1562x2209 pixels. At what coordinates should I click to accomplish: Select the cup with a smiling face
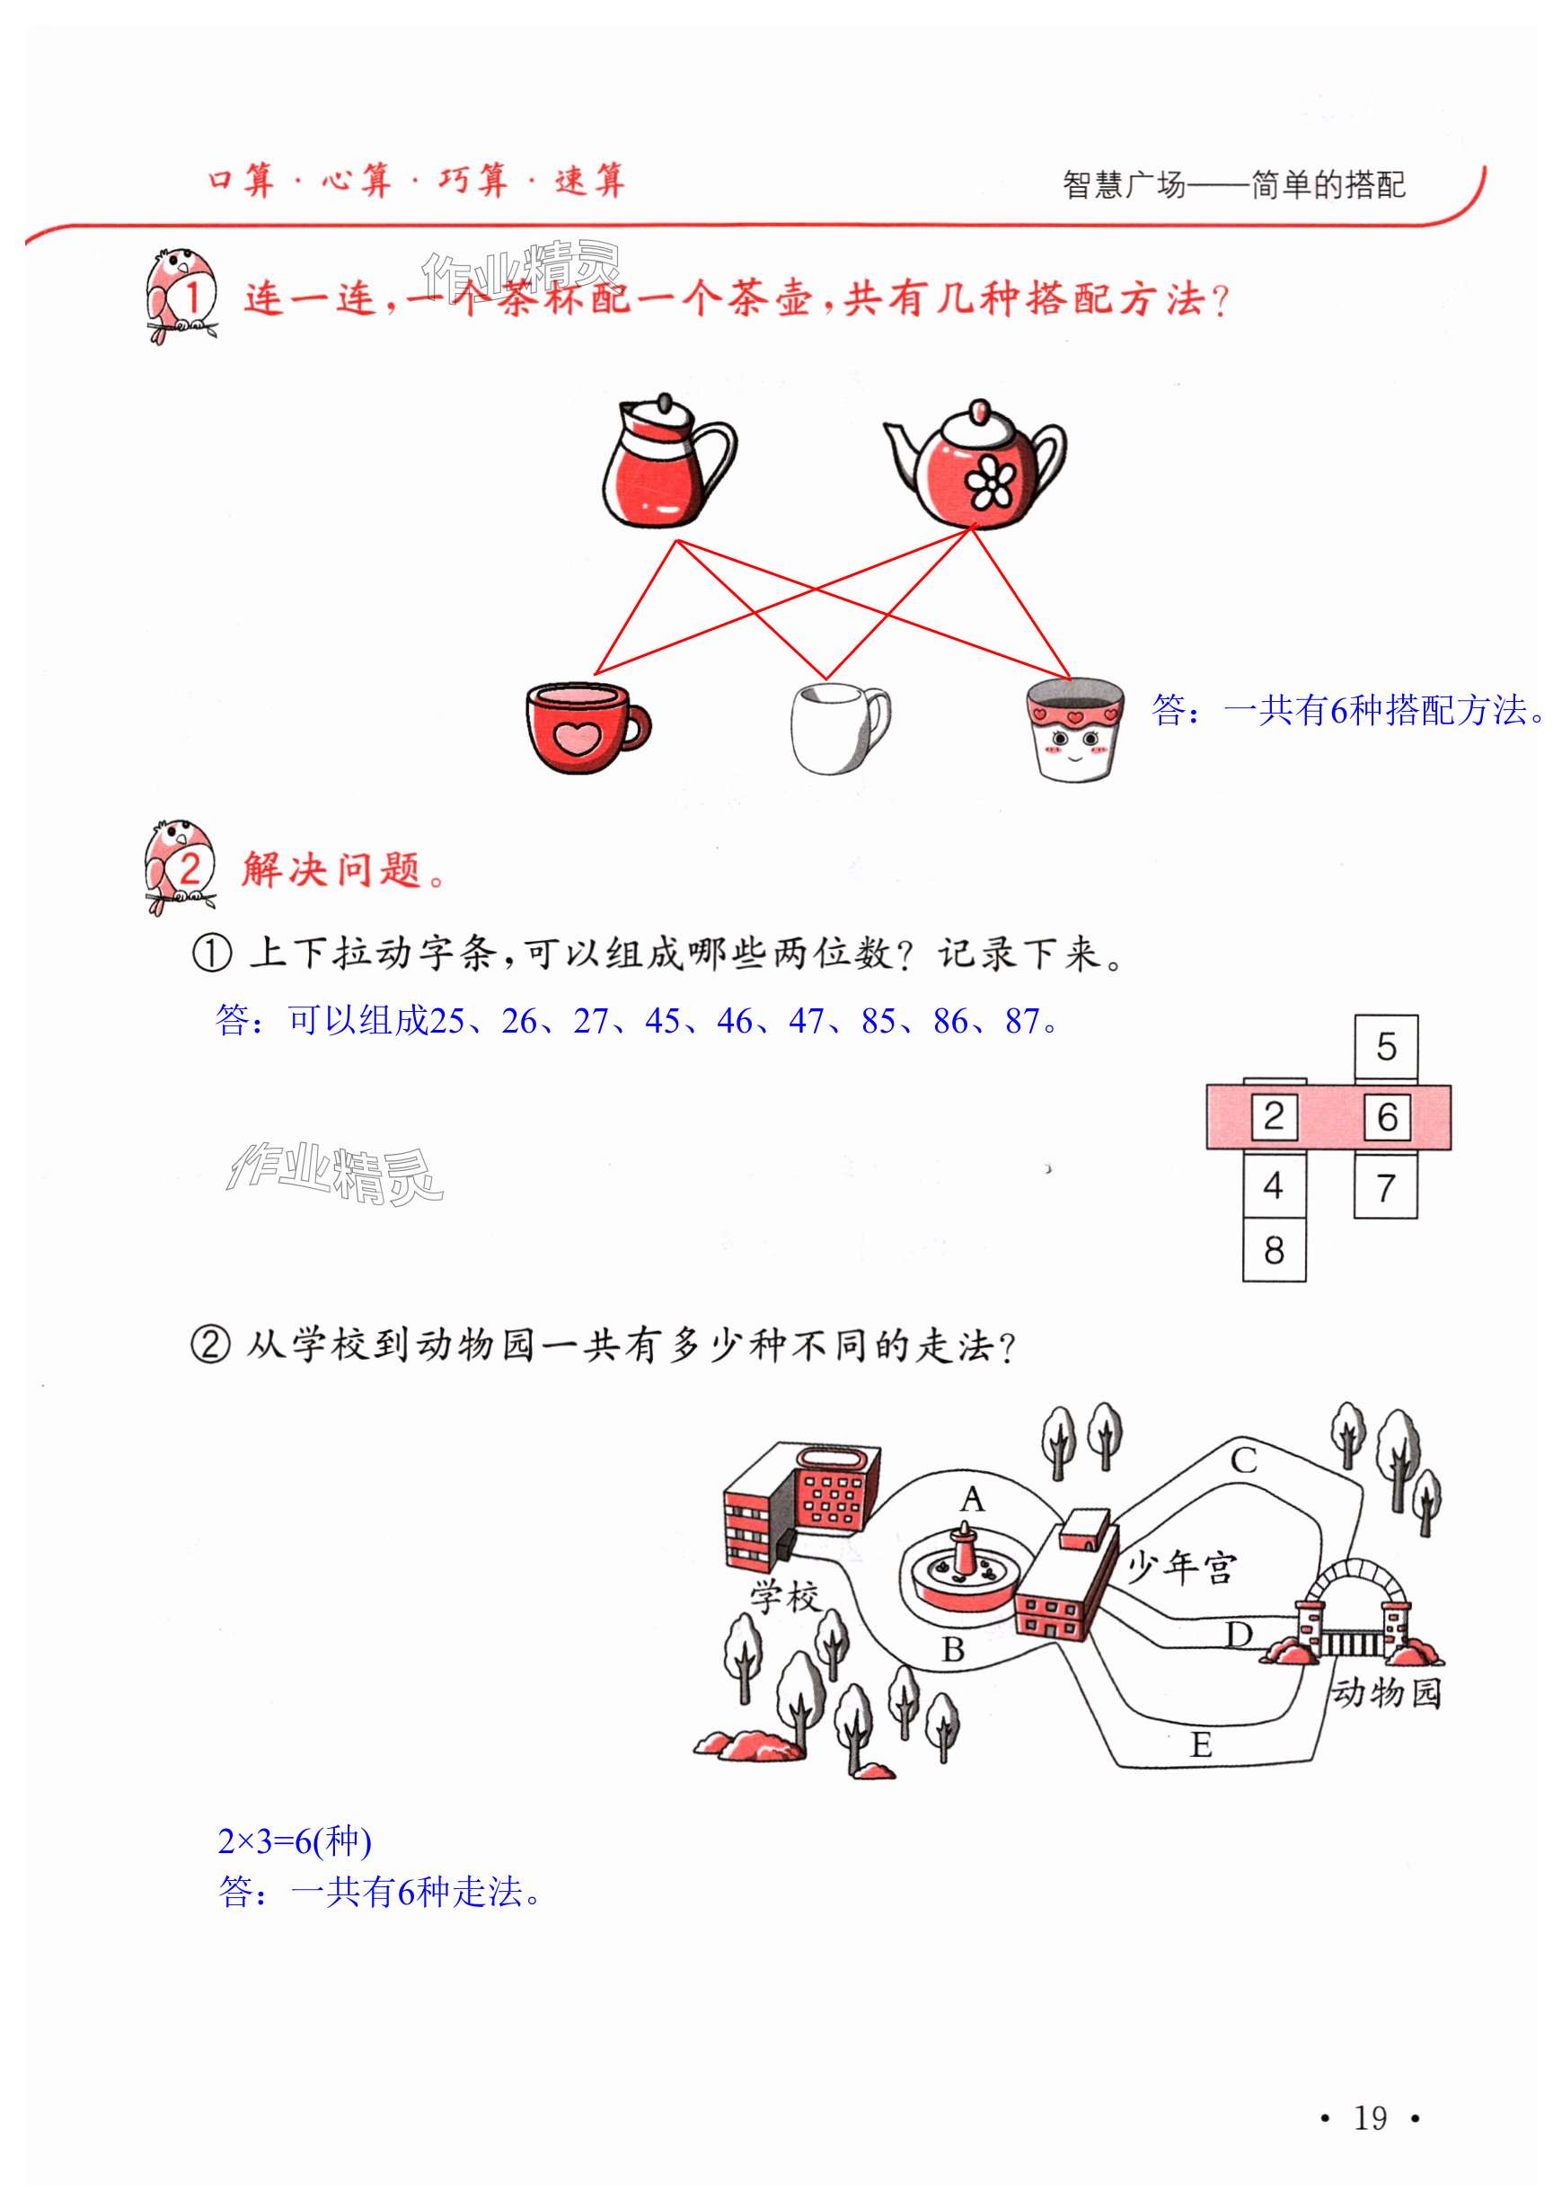coord(1074,728)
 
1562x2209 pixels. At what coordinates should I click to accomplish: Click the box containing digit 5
coord(1385,1047)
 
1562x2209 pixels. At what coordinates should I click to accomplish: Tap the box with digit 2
coord(1274,1116)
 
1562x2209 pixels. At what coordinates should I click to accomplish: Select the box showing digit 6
coord(1386,1117)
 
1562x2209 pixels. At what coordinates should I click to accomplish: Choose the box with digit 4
coord(1274,1185)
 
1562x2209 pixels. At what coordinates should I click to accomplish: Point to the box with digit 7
coord(1385,1188)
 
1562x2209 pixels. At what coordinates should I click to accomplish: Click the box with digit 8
coord(1274,1251)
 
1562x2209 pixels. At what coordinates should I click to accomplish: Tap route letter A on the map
coord(973,1499)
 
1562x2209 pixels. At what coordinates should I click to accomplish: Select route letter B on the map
coord(952,1650)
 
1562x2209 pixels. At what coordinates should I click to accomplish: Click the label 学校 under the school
coord(785,1598)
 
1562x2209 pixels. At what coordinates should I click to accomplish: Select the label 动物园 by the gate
coord(1386,1692)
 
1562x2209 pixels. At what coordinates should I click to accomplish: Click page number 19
coord(1370,2117)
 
